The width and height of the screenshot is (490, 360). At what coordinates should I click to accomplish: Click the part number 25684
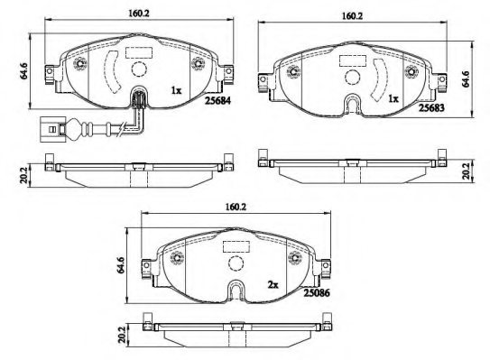point(217,101)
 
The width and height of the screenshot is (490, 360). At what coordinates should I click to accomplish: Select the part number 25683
point(431,107)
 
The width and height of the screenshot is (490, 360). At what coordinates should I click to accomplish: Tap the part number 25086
point(317,293)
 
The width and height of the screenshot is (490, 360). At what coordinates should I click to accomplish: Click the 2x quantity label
point(273,285)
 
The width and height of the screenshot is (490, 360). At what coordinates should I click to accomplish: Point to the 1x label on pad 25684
point(176,90)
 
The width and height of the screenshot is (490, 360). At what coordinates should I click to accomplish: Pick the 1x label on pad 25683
point(393,99)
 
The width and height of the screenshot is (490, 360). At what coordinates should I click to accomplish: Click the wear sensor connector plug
point(53,129)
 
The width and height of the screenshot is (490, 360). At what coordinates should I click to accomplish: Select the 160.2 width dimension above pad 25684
point(139,14)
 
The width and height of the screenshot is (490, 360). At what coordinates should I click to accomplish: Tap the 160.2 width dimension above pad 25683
point(352,16)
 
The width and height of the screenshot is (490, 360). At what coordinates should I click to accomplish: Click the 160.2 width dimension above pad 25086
point(236,208)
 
